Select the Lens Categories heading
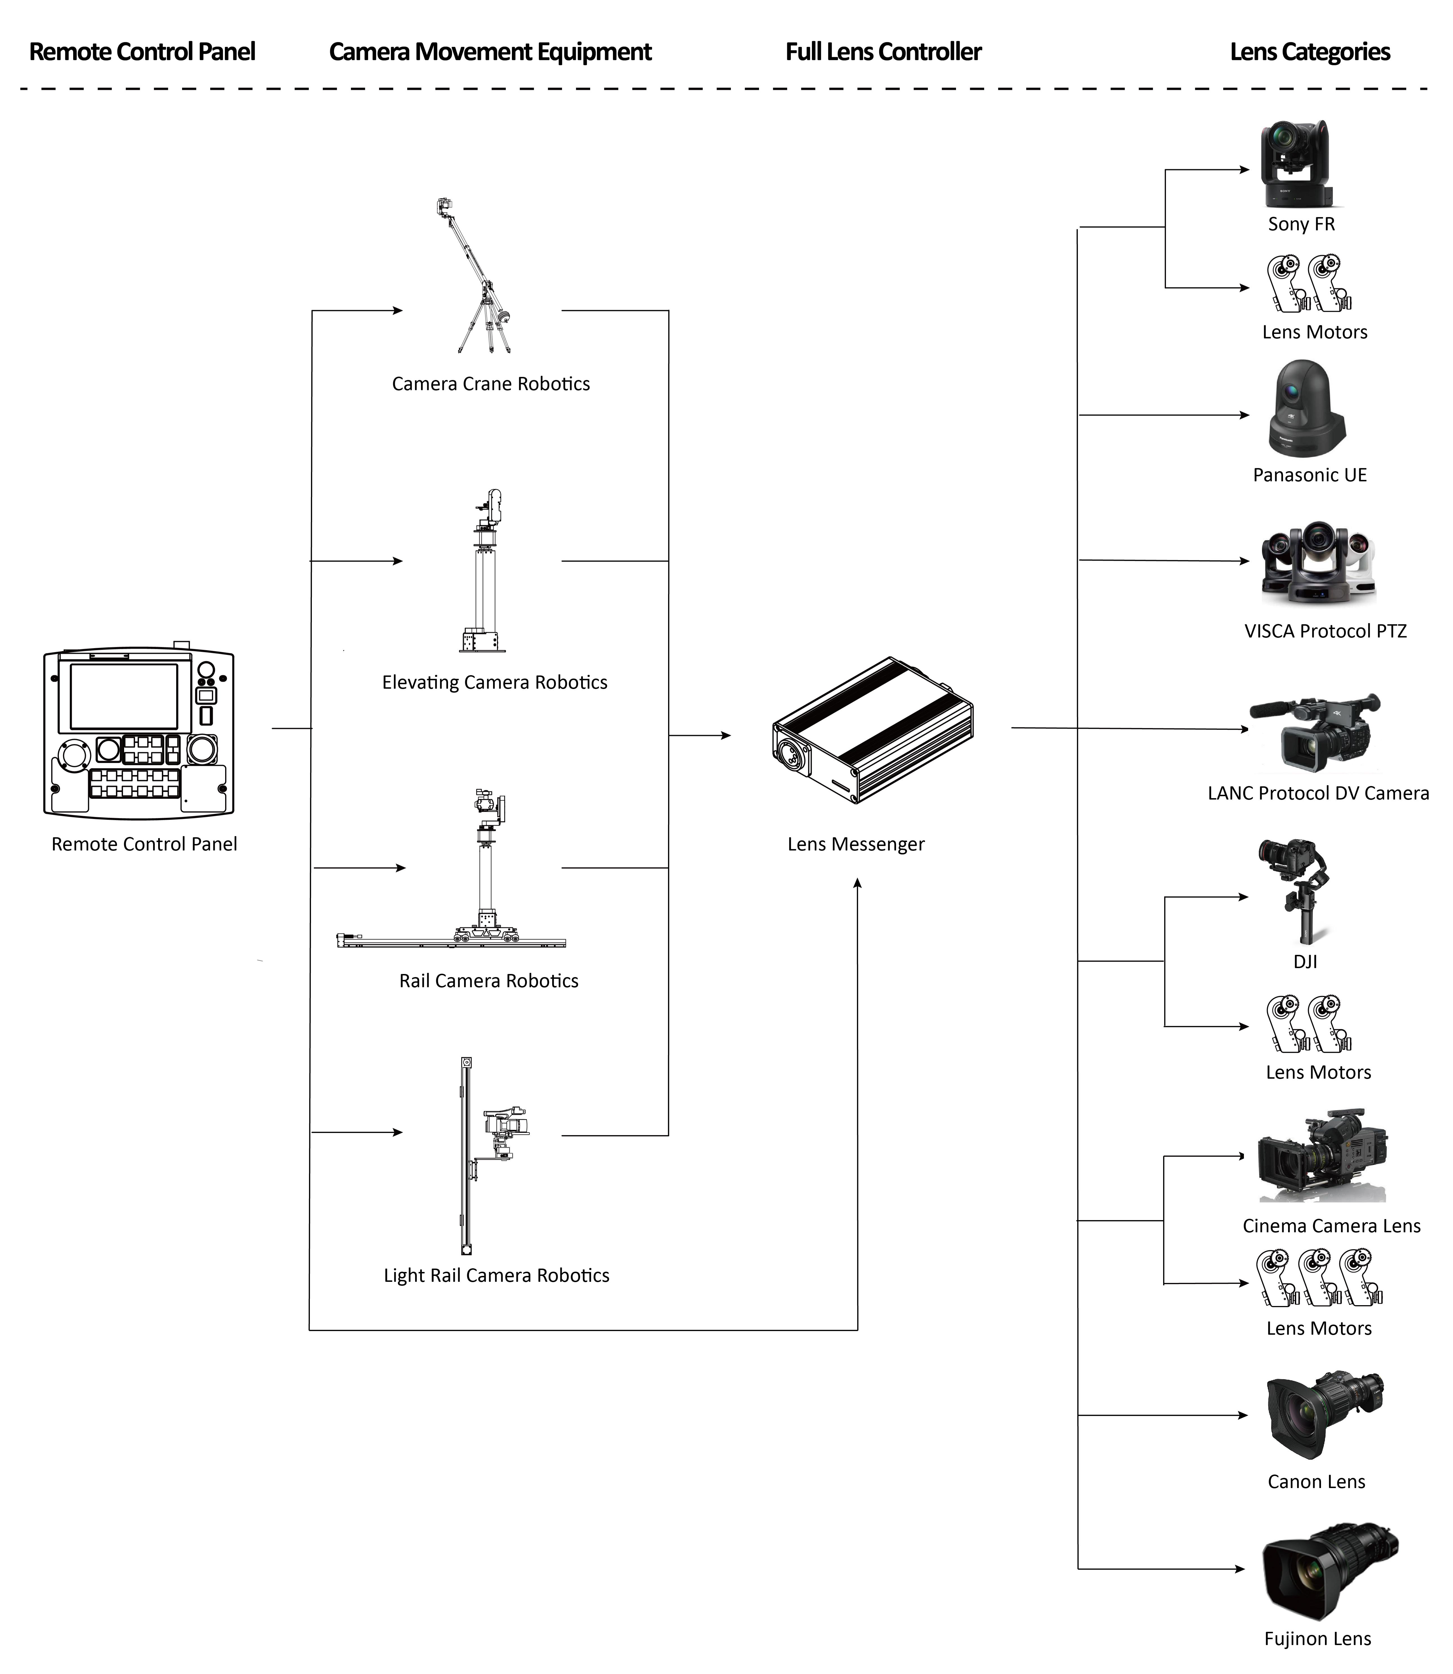(1309, 52)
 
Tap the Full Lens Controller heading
(883, 52)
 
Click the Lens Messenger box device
(872, 730)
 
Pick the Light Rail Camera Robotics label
(496, 1275)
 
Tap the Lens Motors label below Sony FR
(1314, 332)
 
